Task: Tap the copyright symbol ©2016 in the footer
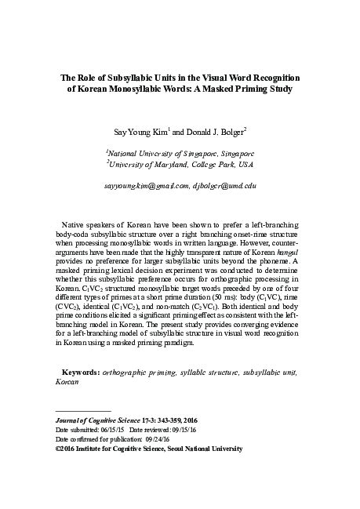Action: click(x=64, y=474)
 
